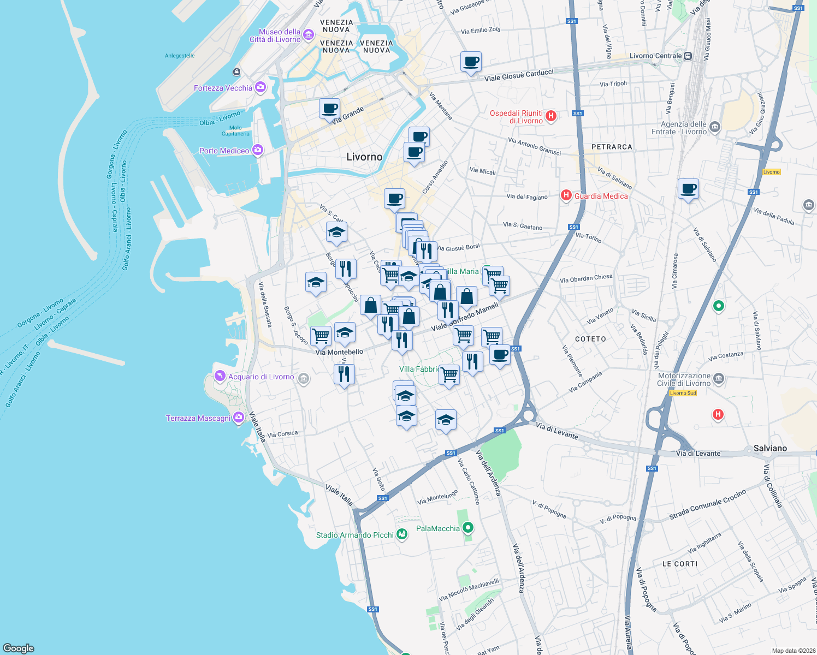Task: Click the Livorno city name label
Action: click(364, 157)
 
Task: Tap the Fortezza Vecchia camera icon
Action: click(261, 87)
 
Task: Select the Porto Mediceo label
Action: click(224, 151)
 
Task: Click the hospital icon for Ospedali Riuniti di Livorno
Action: click(551, 116)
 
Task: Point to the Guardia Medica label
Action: click(601, 196)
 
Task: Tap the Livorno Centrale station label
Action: click(655, 56)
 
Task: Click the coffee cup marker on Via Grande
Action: click(329, 108)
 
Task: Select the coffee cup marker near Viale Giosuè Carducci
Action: click(471, 62)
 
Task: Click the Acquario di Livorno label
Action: click(261, 377)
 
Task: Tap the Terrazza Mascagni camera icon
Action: click(238, 418)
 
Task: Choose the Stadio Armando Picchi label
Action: click(354, 535)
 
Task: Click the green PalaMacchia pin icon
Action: click(467, 528)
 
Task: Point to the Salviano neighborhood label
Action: click(770, 448)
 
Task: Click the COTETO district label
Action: click(590, 339)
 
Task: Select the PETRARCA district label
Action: click(612, 147)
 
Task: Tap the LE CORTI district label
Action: click(679, 564)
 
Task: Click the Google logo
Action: click(19, 648)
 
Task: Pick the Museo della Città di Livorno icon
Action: click(309, 35)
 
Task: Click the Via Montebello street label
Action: click(339, 352)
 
